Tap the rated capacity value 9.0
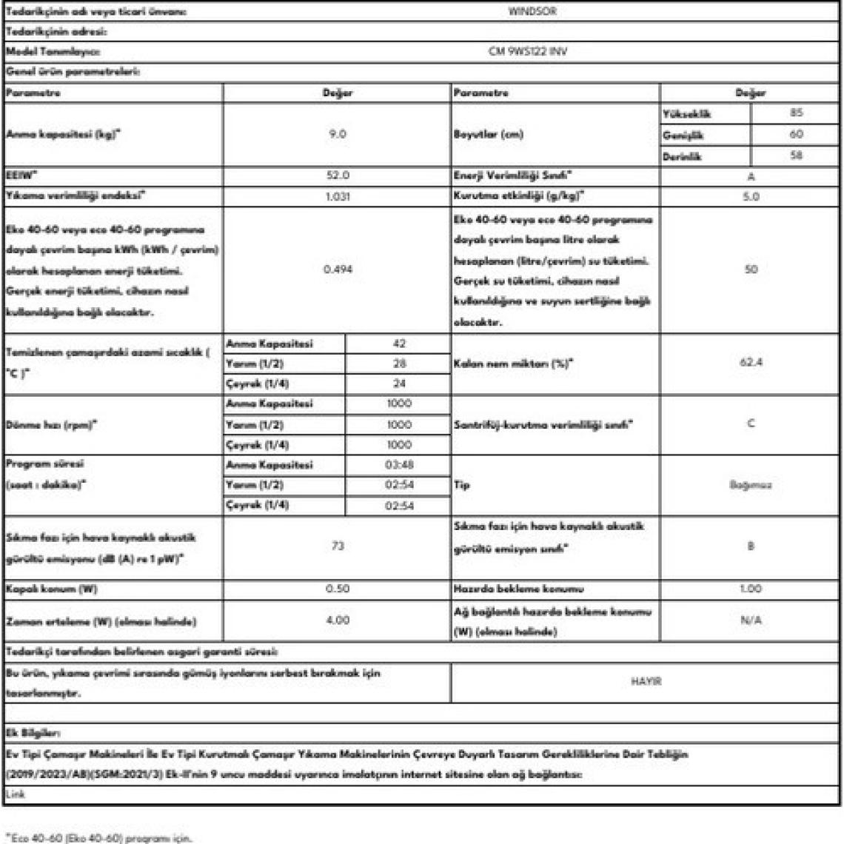click(x=337, y=134)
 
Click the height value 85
click(x=796, y=113)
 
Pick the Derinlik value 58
click(x=796, y=155)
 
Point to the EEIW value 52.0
click(x=337, y=176)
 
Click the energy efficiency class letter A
click(x=751, y=177)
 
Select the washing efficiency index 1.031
click(x=337, y=197)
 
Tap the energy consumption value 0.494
click(x=337, y=269)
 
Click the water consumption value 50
click(x=751, y=269)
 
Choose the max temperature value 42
click(x=400, y=344)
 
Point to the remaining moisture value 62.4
click(x=751, y=364)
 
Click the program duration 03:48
click(x=400, y=465)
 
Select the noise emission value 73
click(x=337, y=546)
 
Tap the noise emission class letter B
click(x=751, y=546)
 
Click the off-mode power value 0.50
click(x=337, y=589)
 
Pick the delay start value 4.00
click(x=337, y=620)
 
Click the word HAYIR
click(x=646, y=681)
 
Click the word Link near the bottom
click(x=15, y=794)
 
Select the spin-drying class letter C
click(x=751, y=424)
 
